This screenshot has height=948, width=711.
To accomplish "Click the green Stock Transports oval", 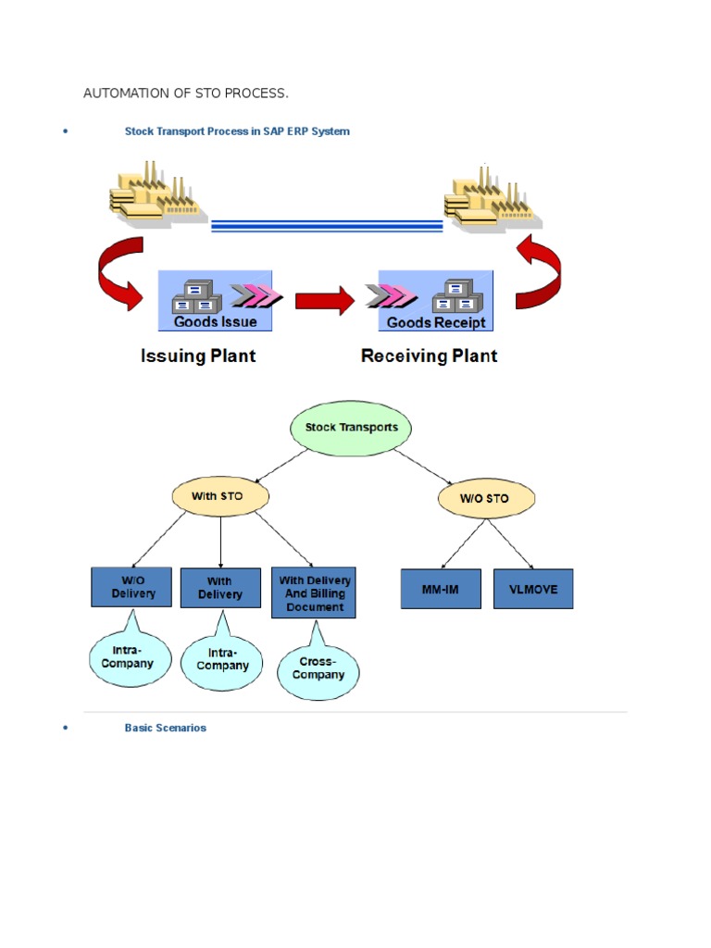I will pyautogui.click(x=351, y=428).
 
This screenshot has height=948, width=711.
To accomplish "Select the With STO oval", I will pyautogui.click(x=219, y=497).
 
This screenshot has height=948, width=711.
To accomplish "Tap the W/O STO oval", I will pyautogui.click(x=484, y=499).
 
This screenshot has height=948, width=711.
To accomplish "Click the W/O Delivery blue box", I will pyautogui.click(x=131, y=587).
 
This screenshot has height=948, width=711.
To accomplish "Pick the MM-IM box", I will pyautogui.click(x=441, y=589).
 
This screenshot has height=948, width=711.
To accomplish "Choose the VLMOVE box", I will pyautogui.click(x=533, y=589).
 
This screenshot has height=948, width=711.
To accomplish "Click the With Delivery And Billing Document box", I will pyautogui.click(x=314, y=593).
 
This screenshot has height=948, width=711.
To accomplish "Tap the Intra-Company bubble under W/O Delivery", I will pyautogui.click(x=128, y=656).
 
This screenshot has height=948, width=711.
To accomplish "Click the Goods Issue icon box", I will pyautogui.click(x=215, y=301).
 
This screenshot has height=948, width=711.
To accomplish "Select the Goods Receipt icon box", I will pyautogui.click(x=436, y=301).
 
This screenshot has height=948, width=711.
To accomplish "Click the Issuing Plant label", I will pyautogui.click(x=198, y=356).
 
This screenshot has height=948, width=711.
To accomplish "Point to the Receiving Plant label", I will pyautogui.click(x=429, y=356).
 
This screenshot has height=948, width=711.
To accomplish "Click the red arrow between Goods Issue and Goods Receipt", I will pyautogui.click(x=324, y=300).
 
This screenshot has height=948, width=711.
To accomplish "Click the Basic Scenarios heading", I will pyautogui.click(x=166, y=728).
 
